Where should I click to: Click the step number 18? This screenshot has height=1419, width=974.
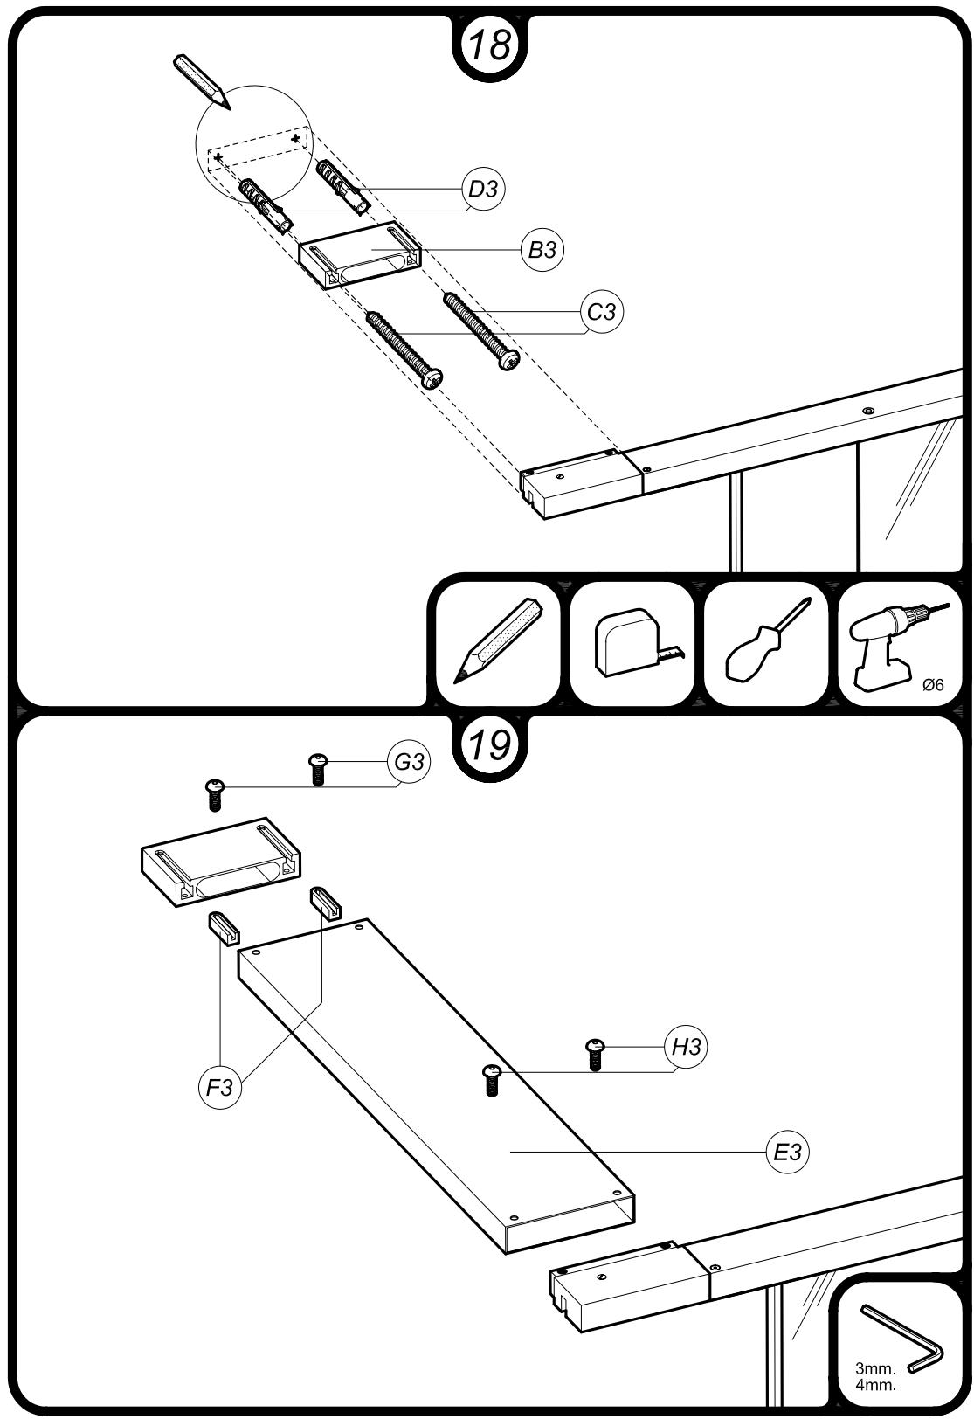click(490, 45)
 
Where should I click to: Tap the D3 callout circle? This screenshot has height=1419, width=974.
click(483, 189)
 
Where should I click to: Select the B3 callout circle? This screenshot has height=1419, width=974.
click(542, 250)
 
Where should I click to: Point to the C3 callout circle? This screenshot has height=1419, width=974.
click(602, 312)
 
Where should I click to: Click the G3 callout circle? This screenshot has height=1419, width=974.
click(409, 761)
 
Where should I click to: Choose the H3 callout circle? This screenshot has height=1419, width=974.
click(686, 1047)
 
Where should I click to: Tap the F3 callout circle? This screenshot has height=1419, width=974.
click(220, 1088)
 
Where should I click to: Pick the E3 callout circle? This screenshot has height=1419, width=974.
click(788, 1152)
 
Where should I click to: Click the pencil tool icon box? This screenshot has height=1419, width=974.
click(499, 643)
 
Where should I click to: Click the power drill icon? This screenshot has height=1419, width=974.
click(897, 647)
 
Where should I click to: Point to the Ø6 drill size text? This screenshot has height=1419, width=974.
click(933, 684)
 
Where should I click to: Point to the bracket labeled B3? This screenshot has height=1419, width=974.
click(361, 254)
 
